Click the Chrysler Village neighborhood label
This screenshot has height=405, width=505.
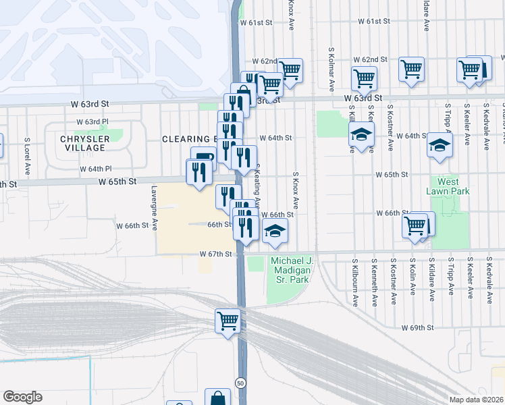coord(84,143)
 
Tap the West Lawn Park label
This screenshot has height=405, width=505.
coord(448,186)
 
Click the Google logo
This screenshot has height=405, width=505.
coord(22,397)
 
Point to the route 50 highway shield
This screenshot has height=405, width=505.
coord(240,383)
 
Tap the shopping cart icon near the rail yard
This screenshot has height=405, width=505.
coord(228,320)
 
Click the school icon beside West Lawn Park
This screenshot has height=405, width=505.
coord(440,144)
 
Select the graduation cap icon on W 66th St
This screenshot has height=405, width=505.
coord(275,231)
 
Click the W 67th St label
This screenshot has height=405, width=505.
coord(216,254)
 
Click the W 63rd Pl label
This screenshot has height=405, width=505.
coord(92,122)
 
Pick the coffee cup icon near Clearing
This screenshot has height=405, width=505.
coord(203,158)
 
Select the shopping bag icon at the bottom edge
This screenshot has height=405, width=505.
coord(217,398)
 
